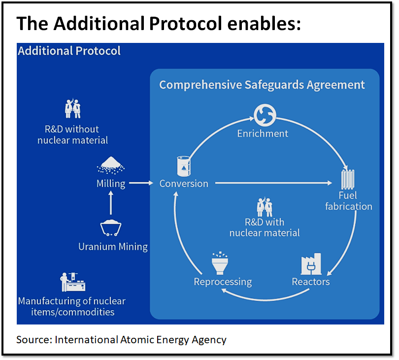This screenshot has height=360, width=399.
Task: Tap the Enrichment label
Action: (263, 134)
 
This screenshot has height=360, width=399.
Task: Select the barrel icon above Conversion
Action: (184, 166)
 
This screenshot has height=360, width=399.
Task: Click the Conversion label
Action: (184, 183)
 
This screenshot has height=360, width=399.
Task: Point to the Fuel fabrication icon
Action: (348, 178)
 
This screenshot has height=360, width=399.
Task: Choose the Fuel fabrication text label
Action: (348, 201)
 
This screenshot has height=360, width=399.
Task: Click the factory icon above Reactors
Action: (311, 264)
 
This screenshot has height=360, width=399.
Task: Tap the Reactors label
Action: (310, 282)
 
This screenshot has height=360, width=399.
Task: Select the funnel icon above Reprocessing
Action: (219, 264)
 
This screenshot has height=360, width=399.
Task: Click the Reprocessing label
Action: (223, 282)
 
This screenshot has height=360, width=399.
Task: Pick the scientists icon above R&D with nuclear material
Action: (265, 207)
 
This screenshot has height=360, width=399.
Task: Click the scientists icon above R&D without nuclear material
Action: (73, 109)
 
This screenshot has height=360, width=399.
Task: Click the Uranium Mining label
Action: (113, 246)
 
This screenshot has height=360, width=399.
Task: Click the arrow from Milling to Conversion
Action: (142, 183)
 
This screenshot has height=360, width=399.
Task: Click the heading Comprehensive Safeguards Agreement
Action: (262, 85)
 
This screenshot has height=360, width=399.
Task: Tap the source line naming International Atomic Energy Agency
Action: (121, 340)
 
